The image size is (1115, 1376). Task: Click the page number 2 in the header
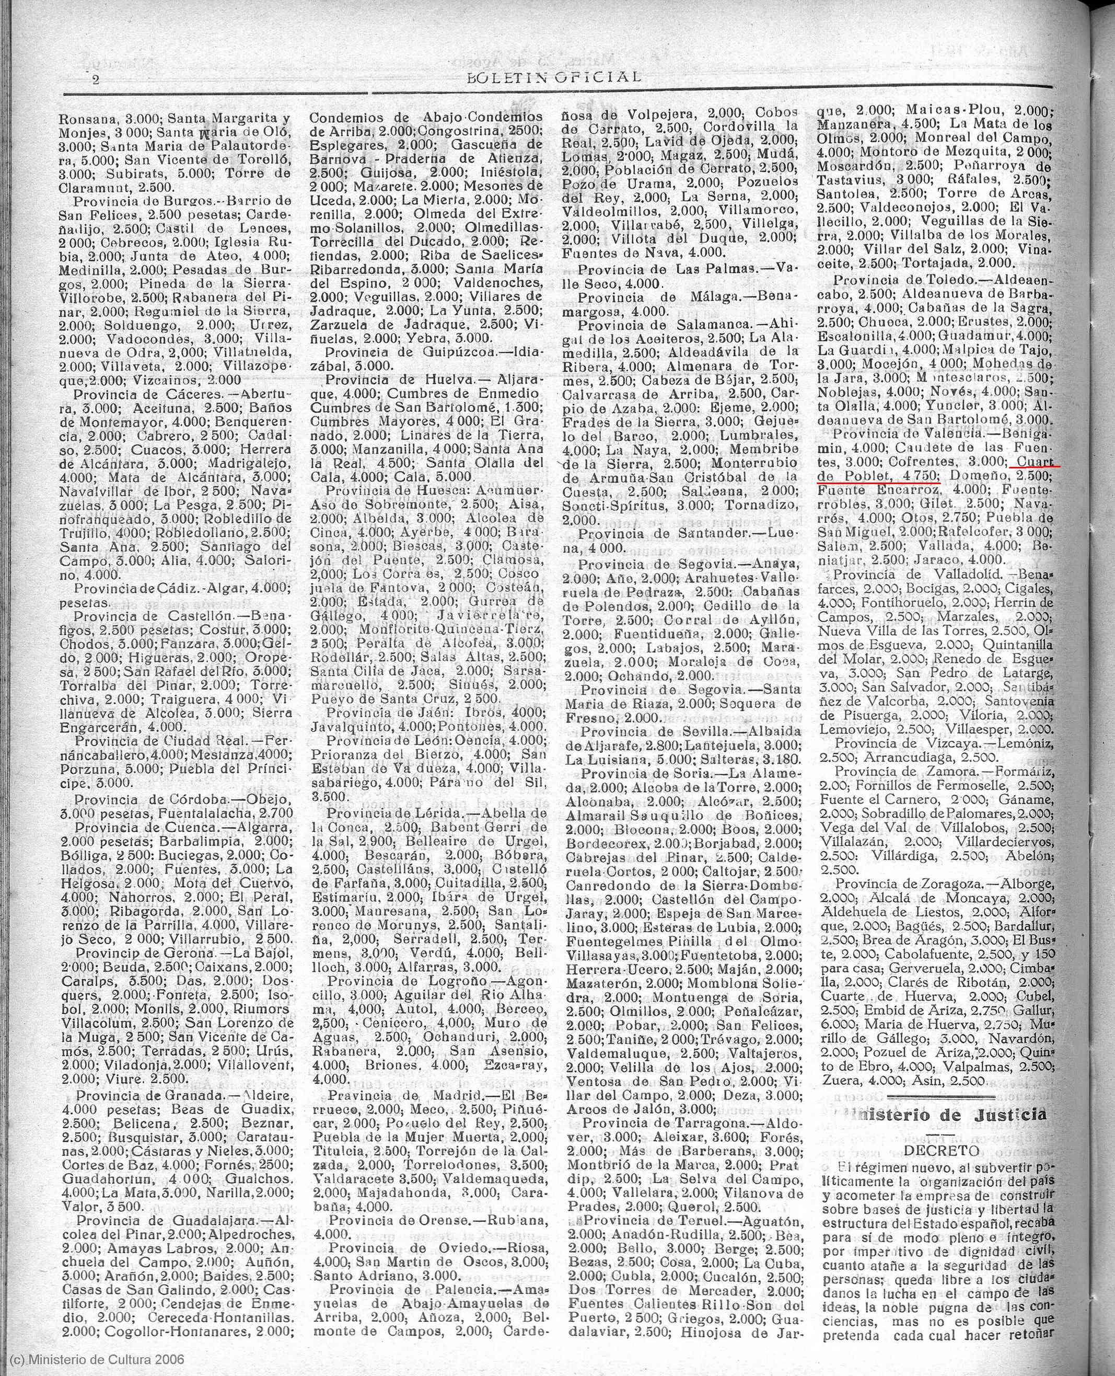click(96, 81)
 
